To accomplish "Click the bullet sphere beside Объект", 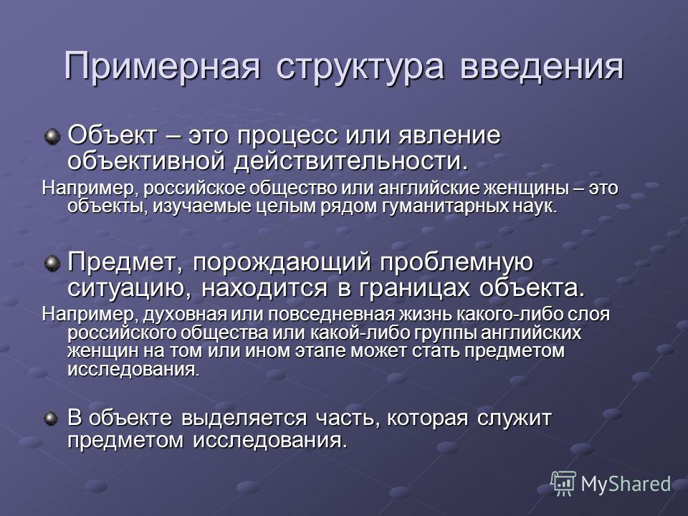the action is coord(52,137).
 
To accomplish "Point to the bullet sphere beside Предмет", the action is coord(52,264).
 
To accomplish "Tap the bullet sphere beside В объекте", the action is coord(52,419).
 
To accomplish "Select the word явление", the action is coord(449,136).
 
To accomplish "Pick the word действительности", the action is coord(351,162).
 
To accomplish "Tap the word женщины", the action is coord(526,189).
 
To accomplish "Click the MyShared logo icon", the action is coord(563,484).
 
